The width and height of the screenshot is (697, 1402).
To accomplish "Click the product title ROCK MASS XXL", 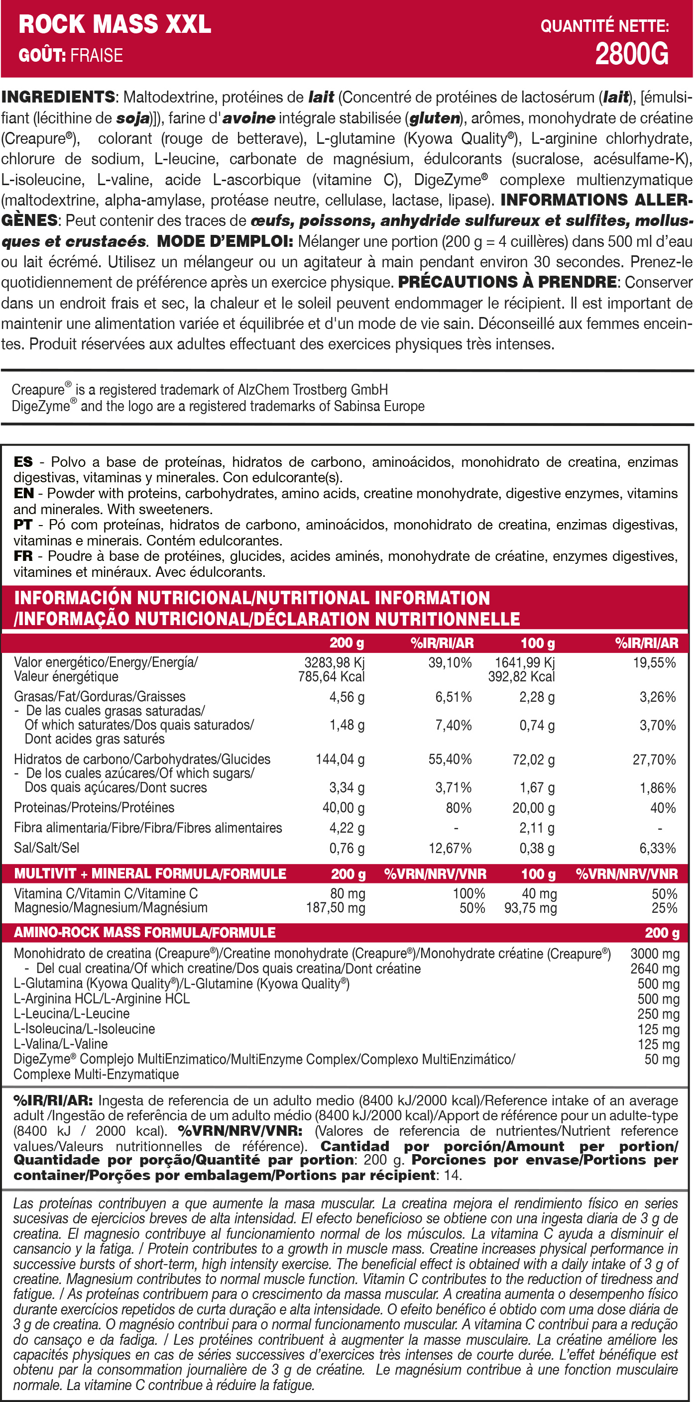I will (x=115, y=24).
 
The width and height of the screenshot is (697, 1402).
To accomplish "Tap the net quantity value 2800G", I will (x=632, y=54).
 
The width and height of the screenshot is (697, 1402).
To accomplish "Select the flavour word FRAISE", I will (x=97, y=56).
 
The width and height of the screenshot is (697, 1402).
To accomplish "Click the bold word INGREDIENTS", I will (x=58, y=97).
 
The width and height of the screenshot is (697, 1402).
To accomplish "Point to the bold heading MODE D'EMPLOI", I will (x=225, y=241).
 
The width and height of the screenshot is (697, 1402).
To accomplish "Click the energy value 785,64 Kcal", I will (x=331, y=676).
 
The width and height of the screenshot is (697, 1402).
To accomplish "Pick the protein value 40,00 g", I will (x=343, y=808).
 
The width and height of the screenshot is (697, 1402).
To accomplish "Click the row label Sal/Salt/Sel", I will (x=47, y=848).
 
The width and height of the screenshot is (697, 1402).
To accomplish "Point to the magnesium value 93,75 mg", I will (x=530, y=908).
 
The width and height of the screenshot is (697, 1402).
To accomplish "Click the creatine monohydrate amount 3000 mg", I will (x=655, y=954).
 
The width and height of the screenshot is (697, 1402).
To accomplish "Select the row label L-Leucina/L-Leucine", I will (x=72, y=1013).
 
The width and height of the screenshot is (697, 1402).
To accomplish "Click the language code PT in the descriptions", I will (x=23, y=525).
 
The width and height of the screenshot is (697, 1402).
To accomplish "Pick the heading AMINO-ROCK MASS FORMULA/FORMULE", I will (x=145, y=933).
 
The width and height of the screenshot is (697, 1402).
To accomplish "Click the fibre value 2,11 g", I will (x=536, y=828).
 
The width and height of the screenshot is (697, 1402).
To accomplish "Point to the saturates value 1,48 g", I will (x=347, y=725).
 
